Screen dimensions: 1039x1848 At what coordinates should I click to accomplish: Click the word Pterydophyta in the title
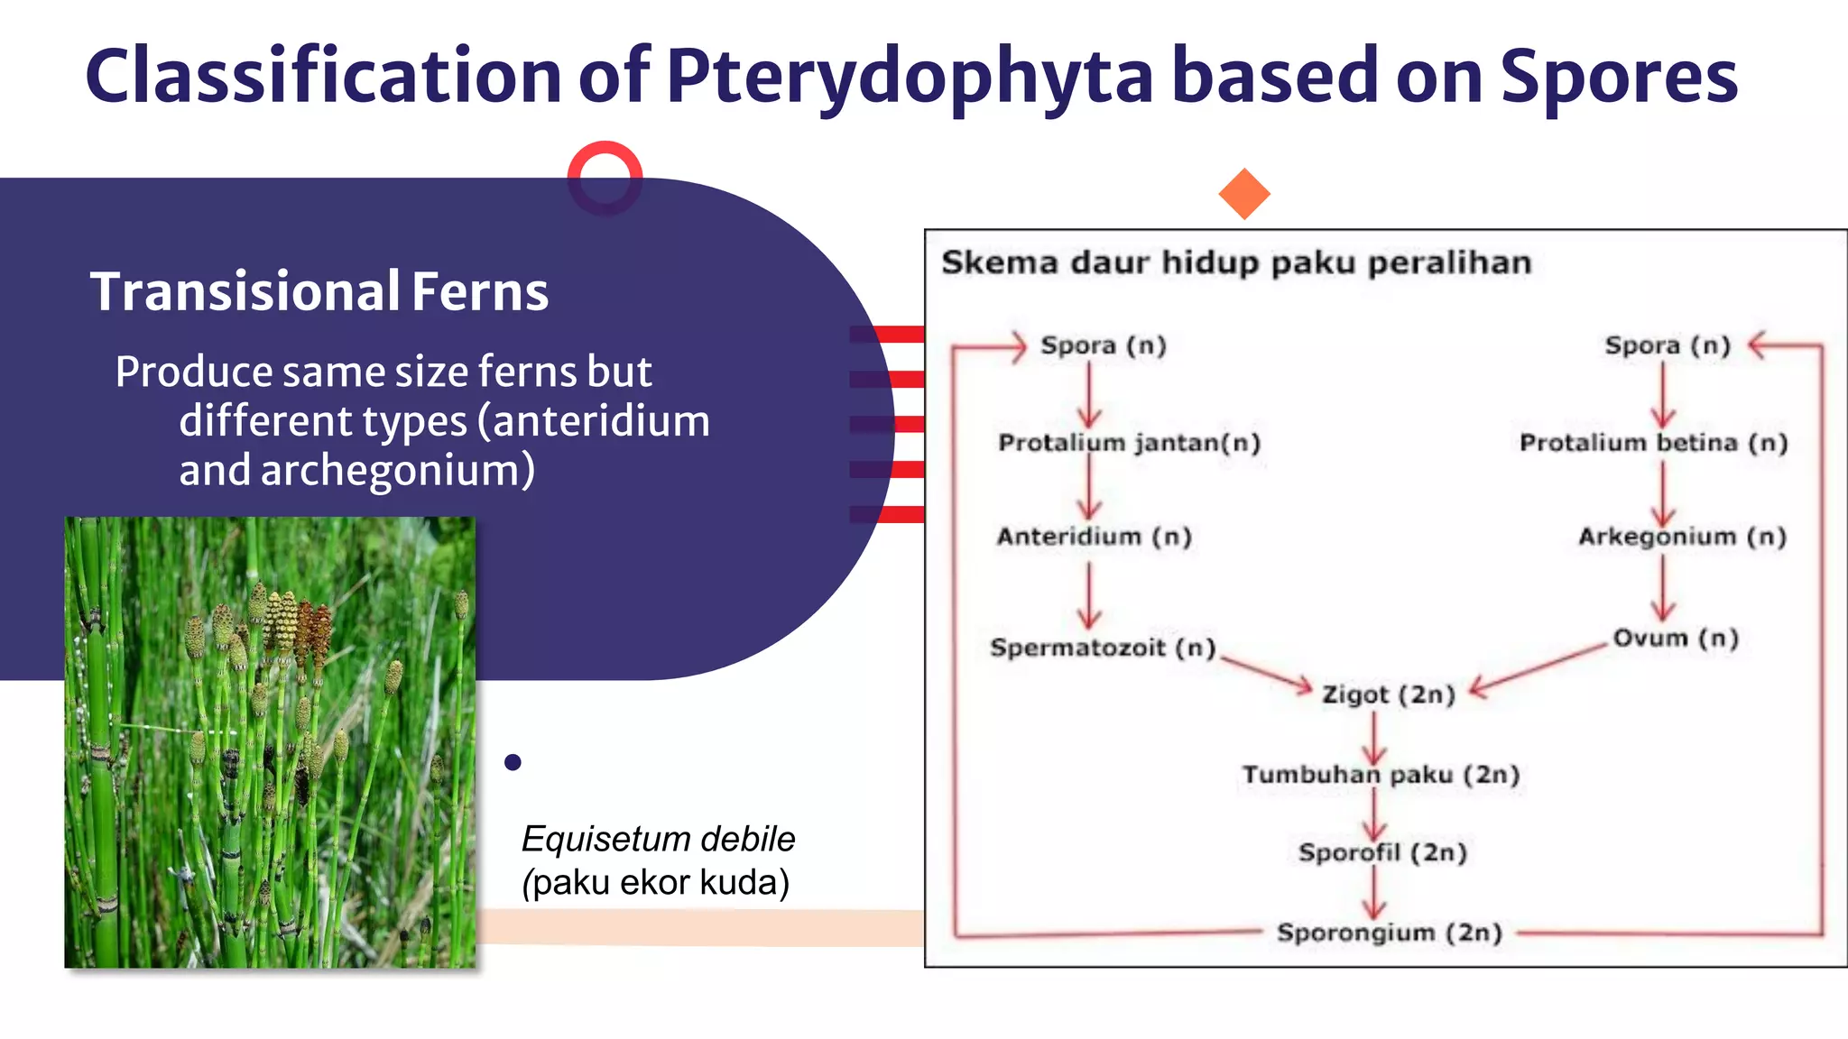909,77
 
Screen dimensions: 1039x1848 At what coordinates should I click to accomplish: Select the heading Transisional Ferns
319,291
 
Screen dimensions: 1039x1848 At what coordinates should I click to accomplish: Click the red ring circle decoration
605,178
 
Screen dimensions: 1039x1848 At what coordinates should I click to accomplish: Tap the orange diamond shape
1244,194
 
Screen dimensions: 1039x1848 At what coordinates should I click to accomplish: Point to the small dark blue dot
513,762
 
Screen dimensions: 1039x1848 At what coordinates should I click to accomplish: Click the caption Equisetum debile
658,839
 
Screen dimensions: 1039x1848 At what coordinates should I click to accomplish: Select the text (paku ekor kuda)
656,882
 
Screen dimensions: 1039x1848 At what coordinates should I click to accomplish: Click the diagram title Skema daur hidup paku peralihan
1236,262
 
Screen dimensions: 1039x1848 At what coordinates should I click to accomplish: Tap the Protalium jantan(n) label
1129,443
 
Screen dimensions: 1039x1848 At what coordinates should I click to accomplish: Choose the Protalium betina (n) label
1653,443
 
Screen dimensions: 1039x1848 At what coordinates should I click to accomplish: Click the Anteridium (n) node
1094,537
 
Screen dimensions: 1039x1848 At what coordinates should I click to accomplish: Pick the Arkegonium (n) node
1682,537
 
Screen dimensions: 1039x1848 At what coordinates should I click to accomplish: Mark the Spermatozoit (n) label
1103,648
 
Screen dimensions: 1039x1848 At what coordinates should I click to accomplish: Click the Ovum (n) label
1676,639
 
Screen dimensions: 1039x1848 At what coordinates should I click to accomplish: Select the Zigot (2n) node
1389,694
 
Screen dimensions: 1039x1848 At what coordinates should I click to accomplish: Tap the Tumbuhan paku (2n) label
1381,775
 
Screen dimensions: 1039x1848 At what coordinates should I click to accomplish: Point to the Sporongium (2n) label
1389,933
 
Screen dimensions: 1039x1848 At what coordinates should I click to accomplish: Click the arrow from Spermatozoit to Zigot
1266,672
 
